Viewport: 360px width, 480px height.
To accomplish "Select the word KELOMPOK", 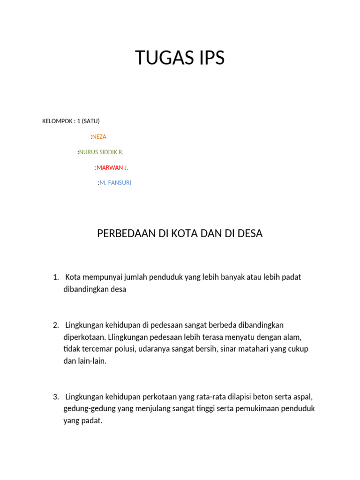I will [x=56, y=121].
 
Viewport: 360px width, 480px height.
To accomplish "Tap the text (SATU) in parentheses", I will [x=91, y=121].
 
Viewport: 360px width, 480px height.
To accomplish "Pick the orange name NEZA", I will [x=99, y=136].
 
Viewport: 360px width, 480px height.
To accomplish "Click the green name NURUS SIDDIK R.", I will [x=101, y=152].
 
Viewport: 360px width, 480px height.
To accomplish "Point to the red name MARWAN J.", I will [x=112, y=167].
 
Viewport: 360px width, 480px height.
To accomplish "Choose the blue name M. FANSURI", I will [x=115, y=183].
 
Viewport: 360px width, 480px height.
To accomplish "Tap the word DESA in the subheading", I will [x=250, y=233].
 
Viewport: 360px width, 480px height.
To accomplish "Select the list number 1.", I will [x=56, y=277].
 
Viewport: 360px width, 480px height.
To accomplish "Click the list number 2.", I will [x=56, y=325].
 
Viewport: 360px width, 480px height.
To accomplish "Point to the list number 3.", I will [x=56, y=397].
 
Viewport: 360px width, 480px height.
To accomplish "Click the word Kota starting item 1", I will [x=74, y=277].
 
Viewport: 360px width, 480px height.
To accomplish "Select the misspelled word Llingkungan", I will [x=128, y=337].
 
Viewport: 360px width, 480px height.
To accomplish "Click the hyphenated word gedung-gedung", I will [x=86, y=409].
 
